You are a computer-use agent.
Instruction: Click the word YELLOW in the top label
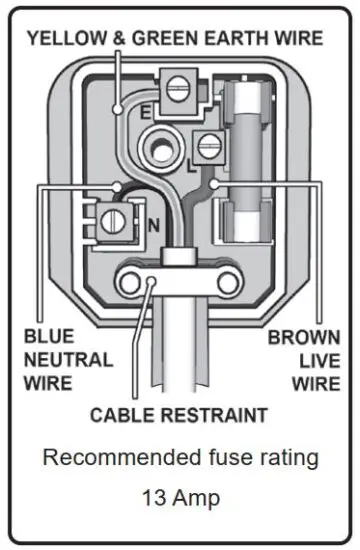(x=67, y=39)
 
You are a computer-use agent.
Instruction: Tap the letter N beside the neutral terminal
(x=153, y=225)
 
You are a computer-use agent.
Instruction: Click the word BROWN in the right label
(x=304, y=338)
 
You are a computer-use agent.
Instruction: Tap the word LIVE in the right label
(x=317, y=361)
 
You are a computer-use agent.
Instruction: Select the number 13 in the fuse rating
(x=151, y=496)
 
